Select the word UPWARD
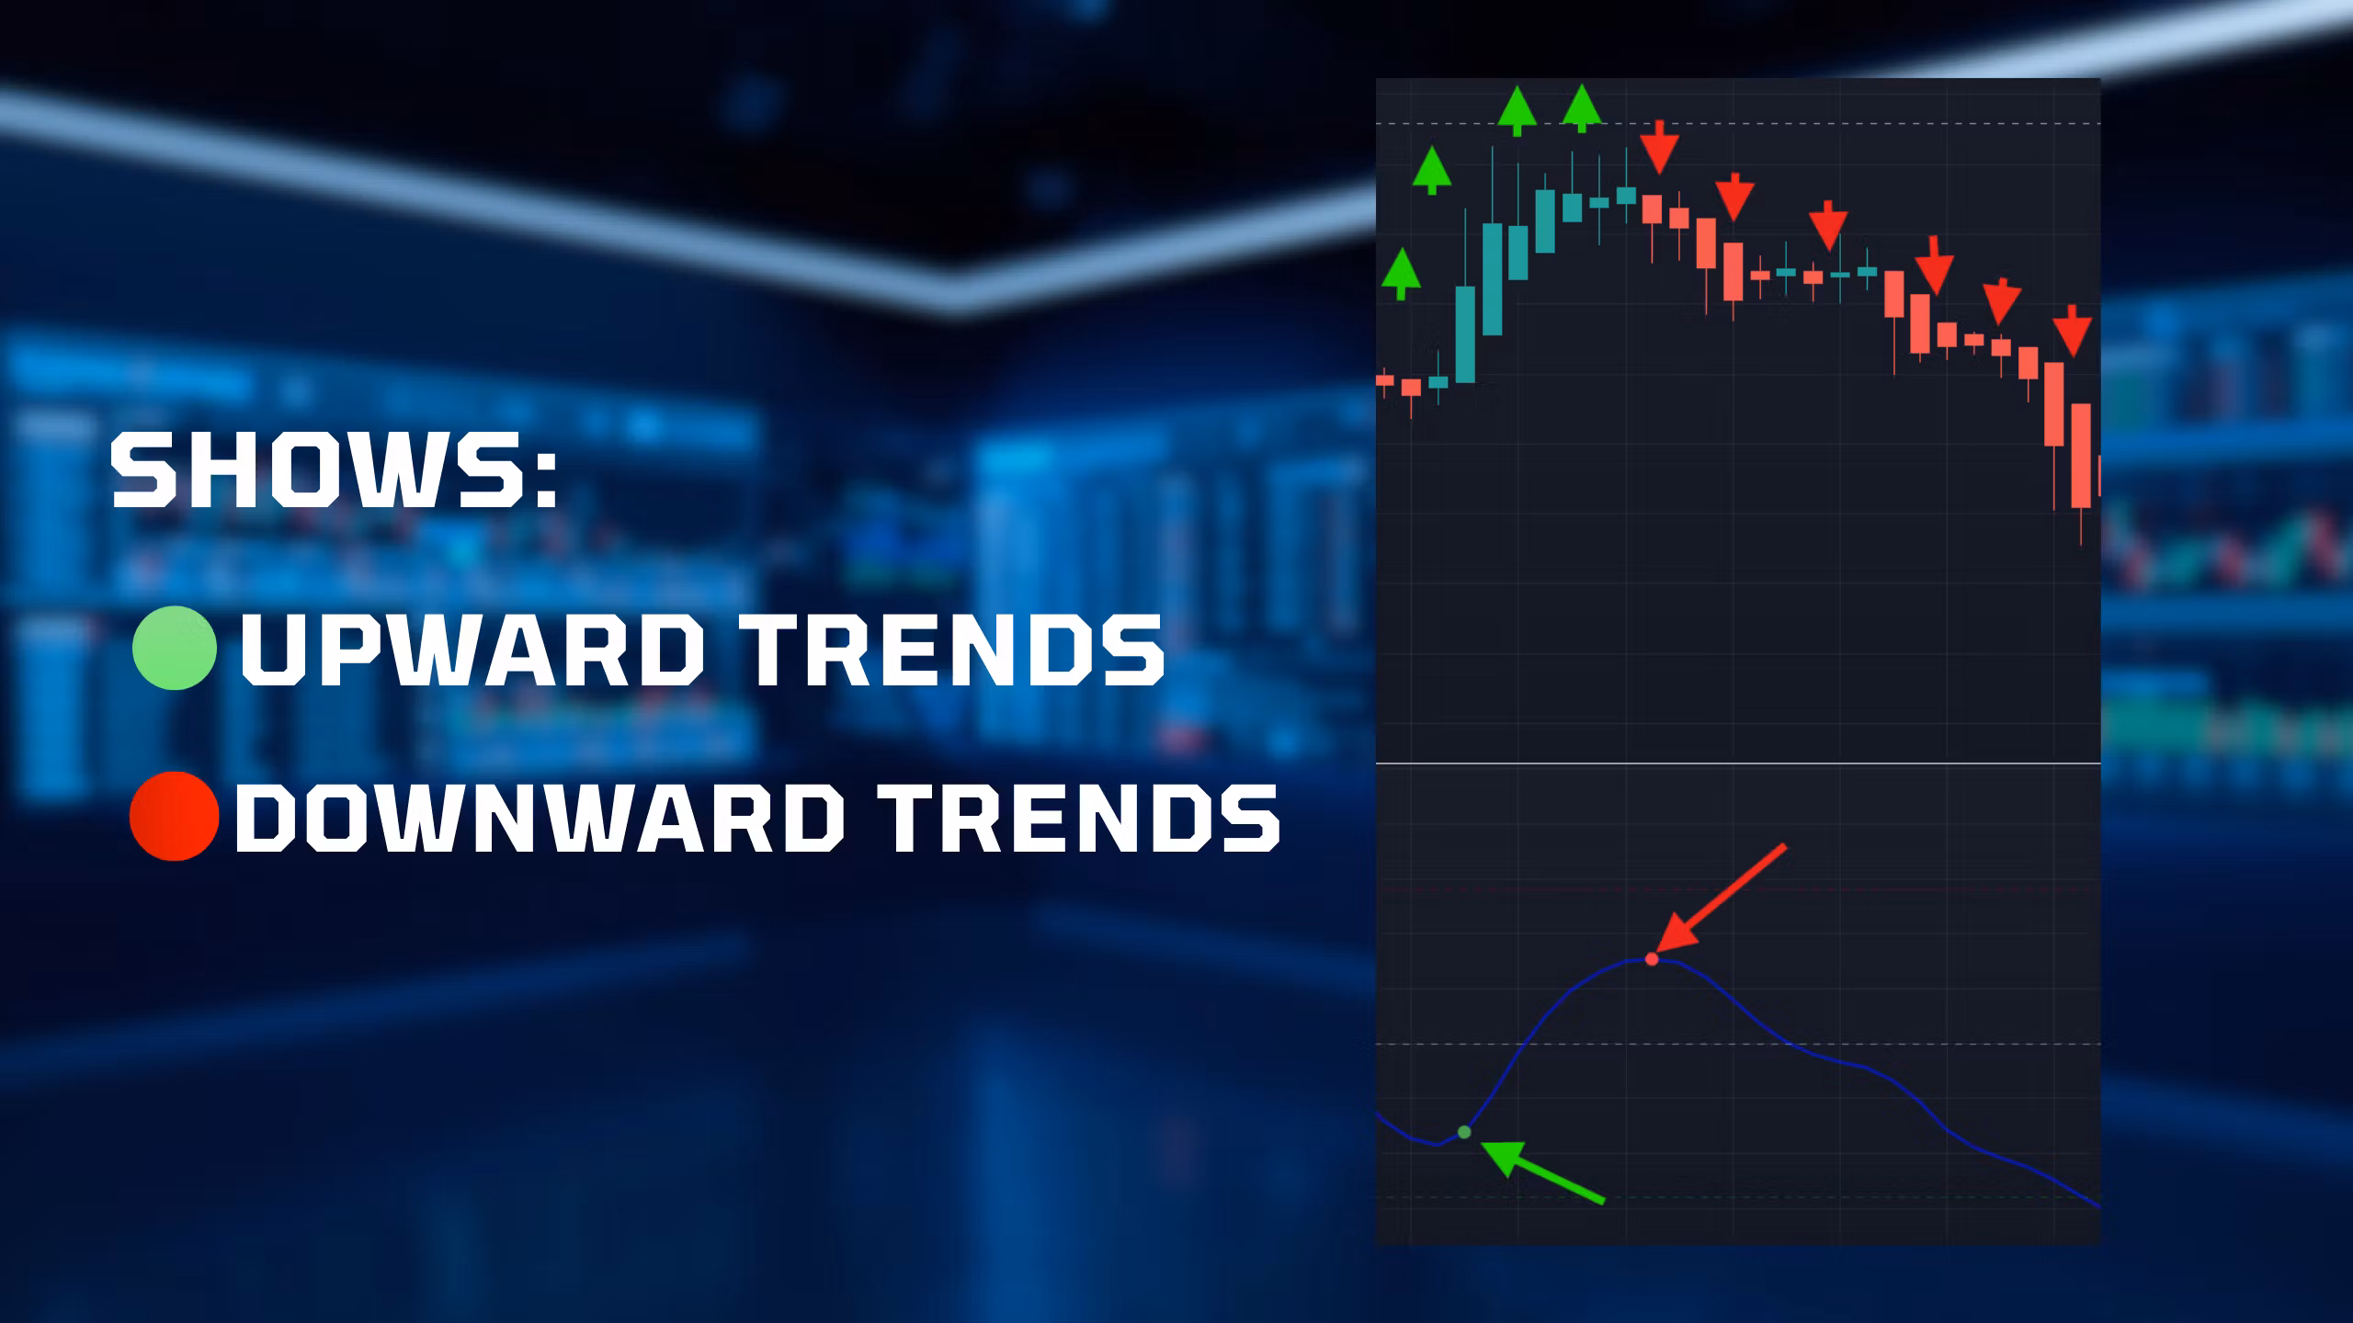click(x=465, y=649)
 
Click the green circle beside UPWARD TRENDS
click(x=175, y=648)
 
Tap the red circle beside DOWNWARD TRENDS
click(x=175, y=816)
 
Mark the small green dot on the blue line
click(x=1464, y=1132)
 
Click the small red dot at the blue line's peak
click(x=1652, y=959)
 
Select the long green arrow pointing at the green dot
click(x=1542, y=1170)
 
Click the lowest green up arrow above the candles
click(x=1401, y=274)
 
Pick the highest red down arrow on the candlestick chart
click(x=1659, y=147)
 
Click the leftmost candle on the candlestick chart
click(x=1384, y=380)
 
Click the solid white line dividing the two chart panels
click(x=1738, y=763)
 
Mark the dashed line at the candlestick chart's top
click(x=1738, y=123)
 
